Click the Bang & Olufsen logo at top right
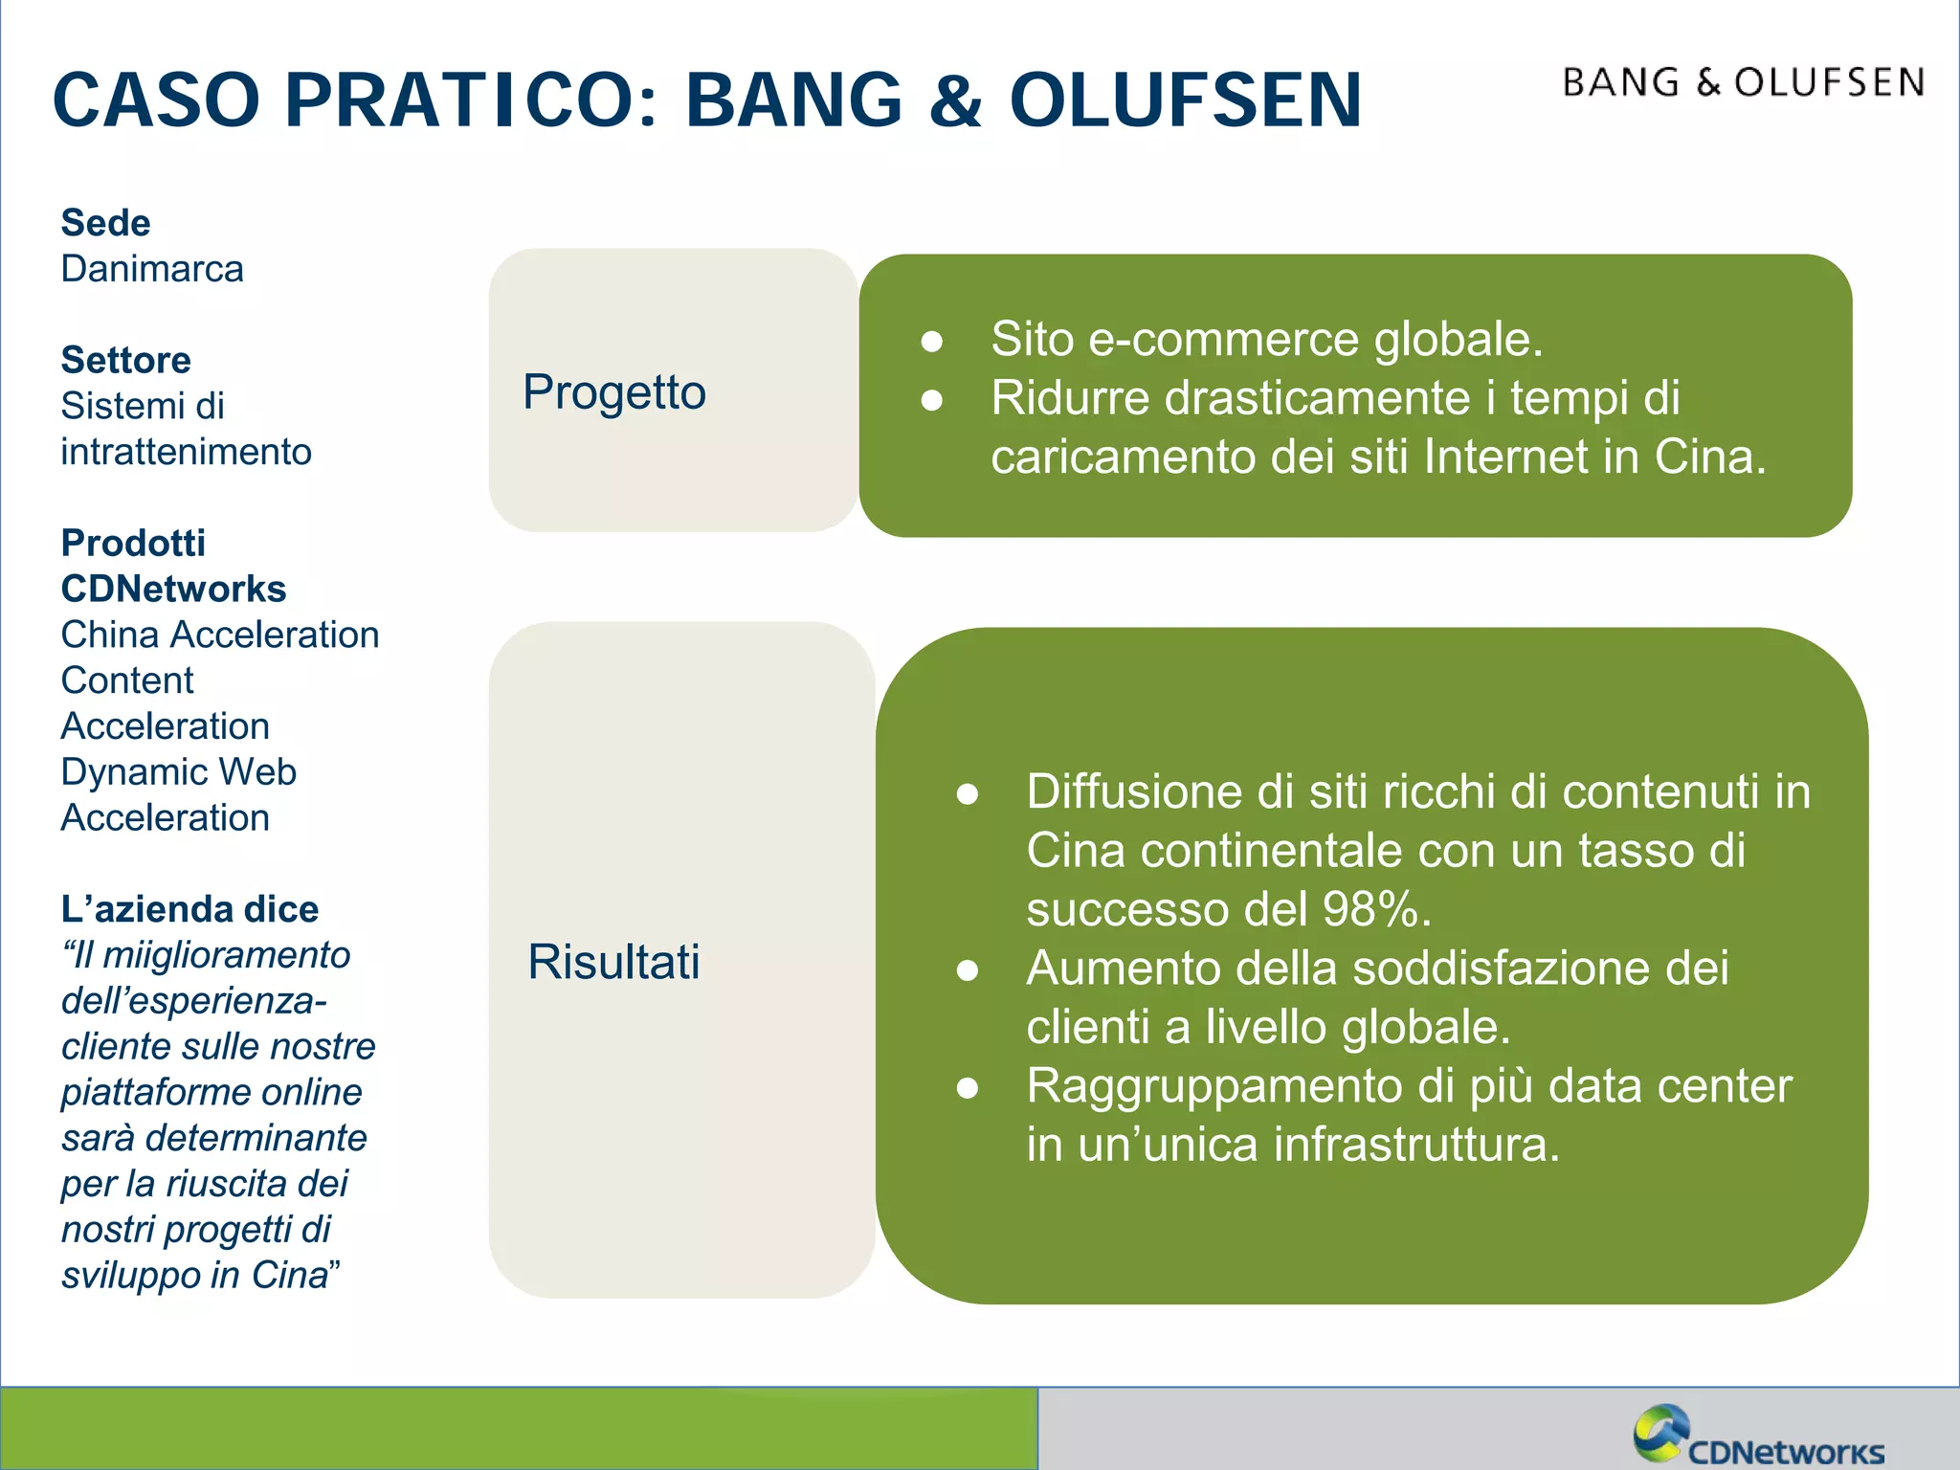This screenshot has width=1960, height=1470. [1744, 83]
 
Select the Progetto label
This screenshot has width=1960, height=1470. [613, 392]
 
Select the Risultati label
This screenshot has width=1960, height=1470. [613, 962]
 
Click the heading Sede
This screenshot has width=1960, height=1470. [105, 223]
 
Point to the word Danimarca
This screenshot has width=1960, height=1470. [152, 269]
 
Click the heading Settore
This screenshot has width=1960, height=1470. [125, 360]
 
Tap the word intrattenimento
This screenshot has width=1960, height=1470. [186, 452]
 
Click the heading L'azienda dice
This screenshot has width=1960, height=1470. [189, 909]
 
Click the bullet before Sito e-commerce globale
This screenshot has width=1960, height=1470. [932, 341]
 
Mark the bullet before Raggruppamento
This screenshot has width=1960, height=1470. [968, 1088]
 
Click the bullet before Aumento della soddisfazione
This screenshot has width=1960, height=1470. [968, 970]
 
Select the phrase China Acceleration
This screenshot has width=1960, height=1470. [220, 635]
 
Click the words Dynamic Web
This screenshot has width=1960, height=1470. [178, 771]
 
